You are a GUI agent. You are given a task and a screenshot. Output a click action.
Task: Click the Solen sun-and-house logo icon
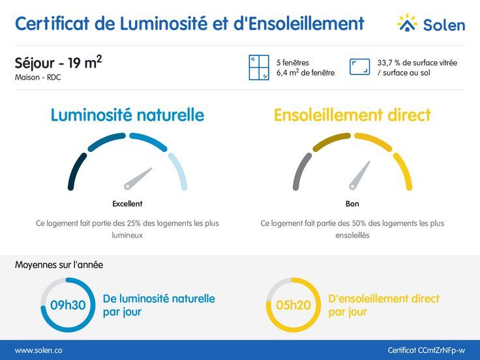point(407,23)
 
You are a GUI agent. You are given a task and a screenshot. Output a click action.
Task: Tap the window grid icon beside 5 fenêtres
point(259,67)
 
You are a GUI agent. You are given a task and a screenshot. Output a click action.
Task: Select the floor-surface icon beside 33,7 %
point(360,67)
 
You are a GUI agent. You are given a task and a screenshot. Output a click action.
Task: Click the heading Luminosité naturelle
point(127,115)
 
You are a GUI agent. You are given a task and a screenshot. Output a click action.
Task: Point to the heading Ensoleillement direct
point(352,115)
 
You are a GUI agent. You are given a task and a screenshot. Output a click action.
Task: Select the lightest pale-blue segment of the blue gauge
point(179,171)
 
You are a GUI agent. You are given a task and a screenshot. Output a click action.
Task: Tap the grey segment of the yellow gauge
point(301,171)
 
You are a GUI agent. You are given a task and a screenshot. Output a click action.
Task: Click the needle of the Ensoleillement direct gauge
point(359,175)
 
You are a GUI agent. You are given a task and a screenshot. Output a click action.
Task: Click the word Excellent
point(127,203)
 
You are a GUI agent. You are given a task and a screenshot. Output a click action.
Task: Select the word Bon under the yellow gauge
point(352,203)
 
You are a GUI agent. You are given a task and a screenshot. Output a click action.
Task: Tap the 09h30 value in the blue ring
point(68,305)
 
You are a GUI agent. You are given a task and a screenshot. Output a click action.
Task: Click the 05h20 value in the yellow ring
point(293,305)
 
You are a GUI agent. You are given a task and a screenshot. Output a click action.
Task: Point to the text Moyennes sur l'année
point(59,265)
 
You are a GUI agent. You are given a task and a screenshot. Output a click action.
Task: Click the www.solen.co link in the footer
point(38,350)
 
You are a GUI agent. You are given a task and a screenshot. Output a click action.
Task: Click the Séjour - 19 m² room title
point(58,63)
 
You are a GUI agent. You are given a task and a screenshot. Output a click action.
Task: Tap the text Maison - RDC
point(37,78)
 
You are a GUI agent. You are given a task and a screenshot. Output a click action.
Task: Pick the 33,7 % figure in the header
point(389,63)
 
